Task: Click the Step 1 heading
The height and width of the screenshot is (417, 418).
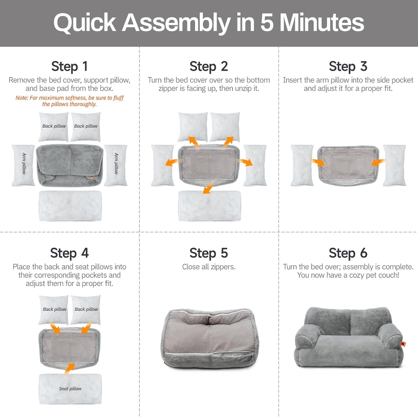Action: tap(69, 66)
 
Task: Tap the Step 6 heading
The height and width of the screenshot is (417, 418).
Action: tap(348, 253)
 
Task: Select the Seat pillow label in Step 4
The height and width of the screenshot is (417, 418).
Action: tap(70, 389)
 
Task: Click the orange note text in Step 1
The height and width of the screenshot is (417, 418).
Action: tap(69, 101)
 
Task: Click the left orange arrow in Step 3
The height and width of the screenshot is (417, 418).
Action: tap(317, 162)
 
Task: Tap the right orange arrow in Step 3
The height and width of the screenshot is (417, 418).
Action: tap(378, 162)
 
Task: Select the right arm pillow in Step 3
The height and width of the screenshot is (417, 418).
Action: tap(395, 165)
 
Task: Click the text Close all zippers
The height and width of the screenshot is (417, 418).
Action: tap(209, 267)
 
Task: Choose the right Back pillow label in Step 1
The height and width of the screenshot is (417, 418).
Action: tap(86, 126)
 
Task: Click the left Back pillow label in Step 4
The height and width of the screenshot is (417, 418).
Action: tap(54, 309)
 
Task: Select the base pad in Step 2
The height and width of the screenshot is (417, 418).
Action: tap(209, 206)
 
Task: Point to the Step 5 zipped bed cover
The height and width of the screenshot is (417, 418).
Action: tap(209, 338)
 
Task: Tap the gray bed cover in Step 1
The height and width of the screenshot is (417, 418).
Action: tap(69, 165)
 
